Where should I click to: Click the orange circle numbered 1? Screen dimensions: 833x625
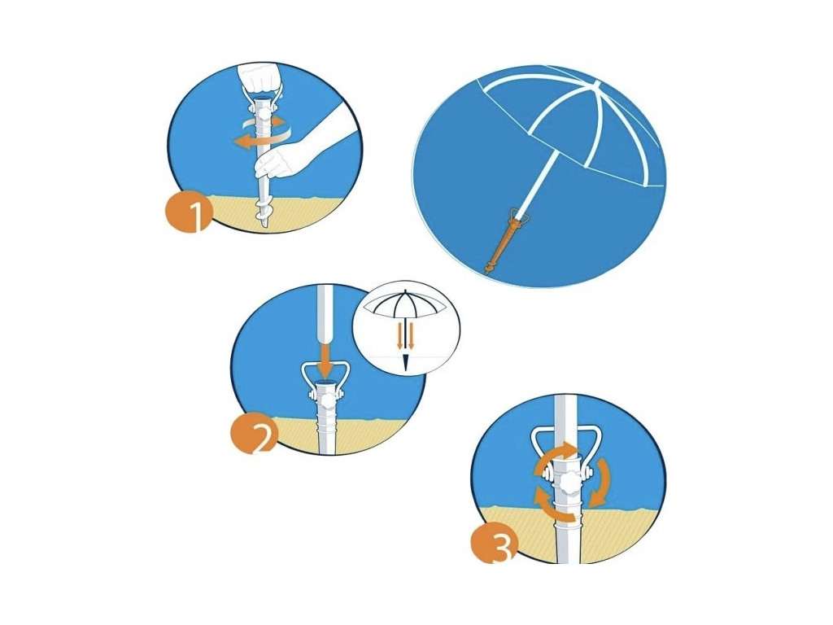[x=189, y=212]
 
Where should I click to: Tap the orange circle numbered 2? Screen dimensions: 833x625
[x=254, y=435]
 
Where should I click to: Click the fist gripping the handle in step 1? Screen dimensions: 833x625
[x=260, y=79]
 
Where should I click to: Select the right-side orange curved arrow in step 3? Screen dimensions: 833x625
[x=601, y=483]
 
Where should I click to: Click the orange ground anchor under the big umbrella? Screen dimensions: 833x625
[x=505, y=242]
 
